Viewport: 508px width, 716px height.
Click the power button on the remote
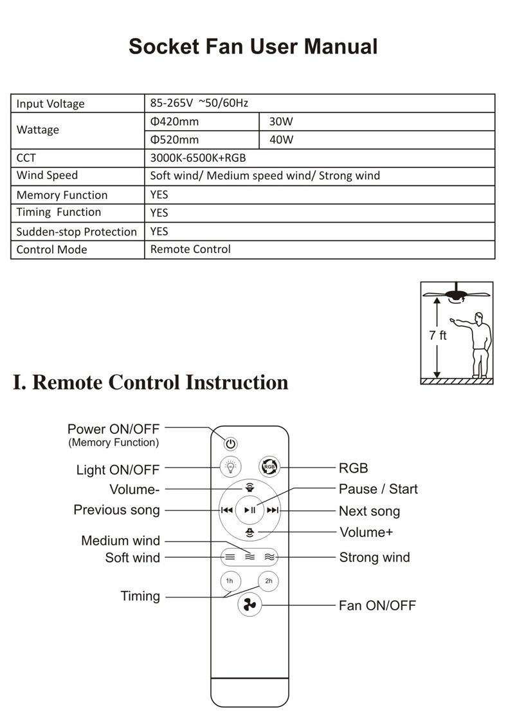[231, 444]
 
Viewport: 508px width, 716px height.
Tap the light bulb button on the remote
[230, 466]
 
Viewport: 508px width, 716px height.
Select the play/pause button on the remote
[250, 510]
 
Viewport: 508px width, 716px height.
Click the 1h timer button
[230, 581]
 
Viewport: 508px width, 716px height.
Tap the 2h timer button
[269, 581]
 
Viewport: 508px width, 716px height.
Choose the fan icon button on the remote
[249, 605]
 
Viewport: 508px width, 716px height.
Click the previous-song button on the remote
[226, 510]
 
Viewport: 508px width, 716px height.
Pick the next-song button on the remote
[273, 510]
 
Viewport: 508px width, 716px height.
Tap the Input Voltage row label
[50, 104]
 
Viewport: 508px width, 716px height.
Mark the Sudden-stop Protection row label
[77, 232]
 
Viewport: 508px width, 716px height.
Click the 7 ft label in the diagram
[438, 335]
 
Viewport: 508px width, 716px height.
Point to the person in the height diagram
[478, 344]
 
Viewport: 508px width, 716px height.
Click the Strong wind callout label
[374, 557]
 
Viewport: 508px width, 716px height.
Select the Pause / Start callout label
[378, 489]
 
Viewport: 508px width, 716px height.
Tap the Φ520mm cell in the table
[174, 140]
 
